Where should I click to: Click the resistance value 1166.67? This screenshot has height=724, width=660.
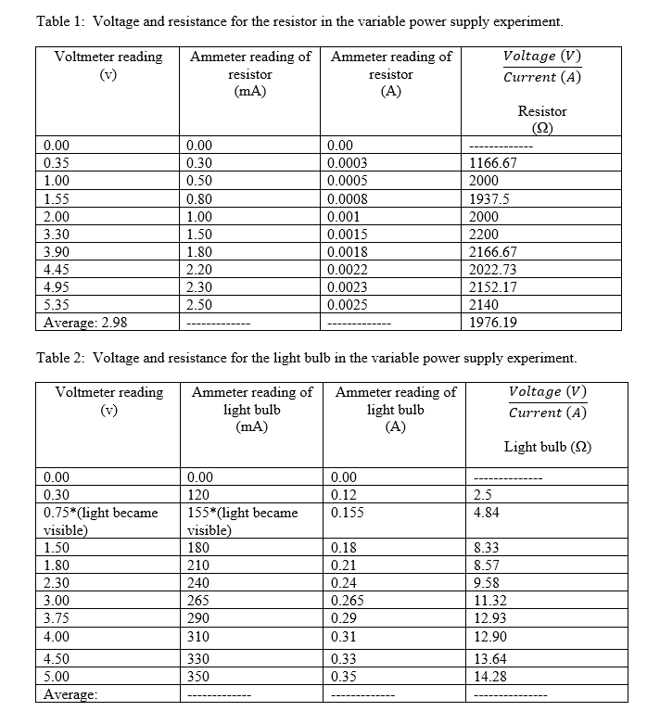(x=493, y=163)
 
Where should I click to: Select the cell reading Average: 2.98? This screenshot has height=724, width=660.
(x=86, y=323)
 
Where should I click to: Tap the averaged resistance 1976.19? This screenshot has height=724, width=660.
(x=493, y=323)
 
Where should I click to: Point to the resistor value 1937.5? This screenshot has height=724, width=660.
(x=490, y=198)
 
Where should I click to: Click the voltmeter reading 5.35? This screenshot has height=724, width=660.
(x=57, y=305)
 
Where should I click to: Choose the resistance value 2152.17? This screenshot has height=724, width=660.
(x=493, y=287)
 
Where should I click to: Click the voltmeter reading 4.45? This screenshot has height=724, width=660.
(x=57, y=270)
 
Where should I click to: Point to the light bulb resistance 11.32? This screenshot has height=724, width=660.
(x=489, y=600)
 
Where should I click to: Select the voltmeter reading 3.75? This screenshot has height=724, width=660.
(x=57, y=617)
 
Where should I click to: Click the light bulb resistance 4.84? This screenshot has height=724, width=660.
(x=486, y=513)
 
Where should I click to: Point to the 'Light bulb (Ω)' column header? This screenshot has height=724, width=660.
(x=547, y=447)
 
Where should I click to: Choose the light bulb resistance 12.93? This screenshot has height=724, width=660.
(x=489, y=617)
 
